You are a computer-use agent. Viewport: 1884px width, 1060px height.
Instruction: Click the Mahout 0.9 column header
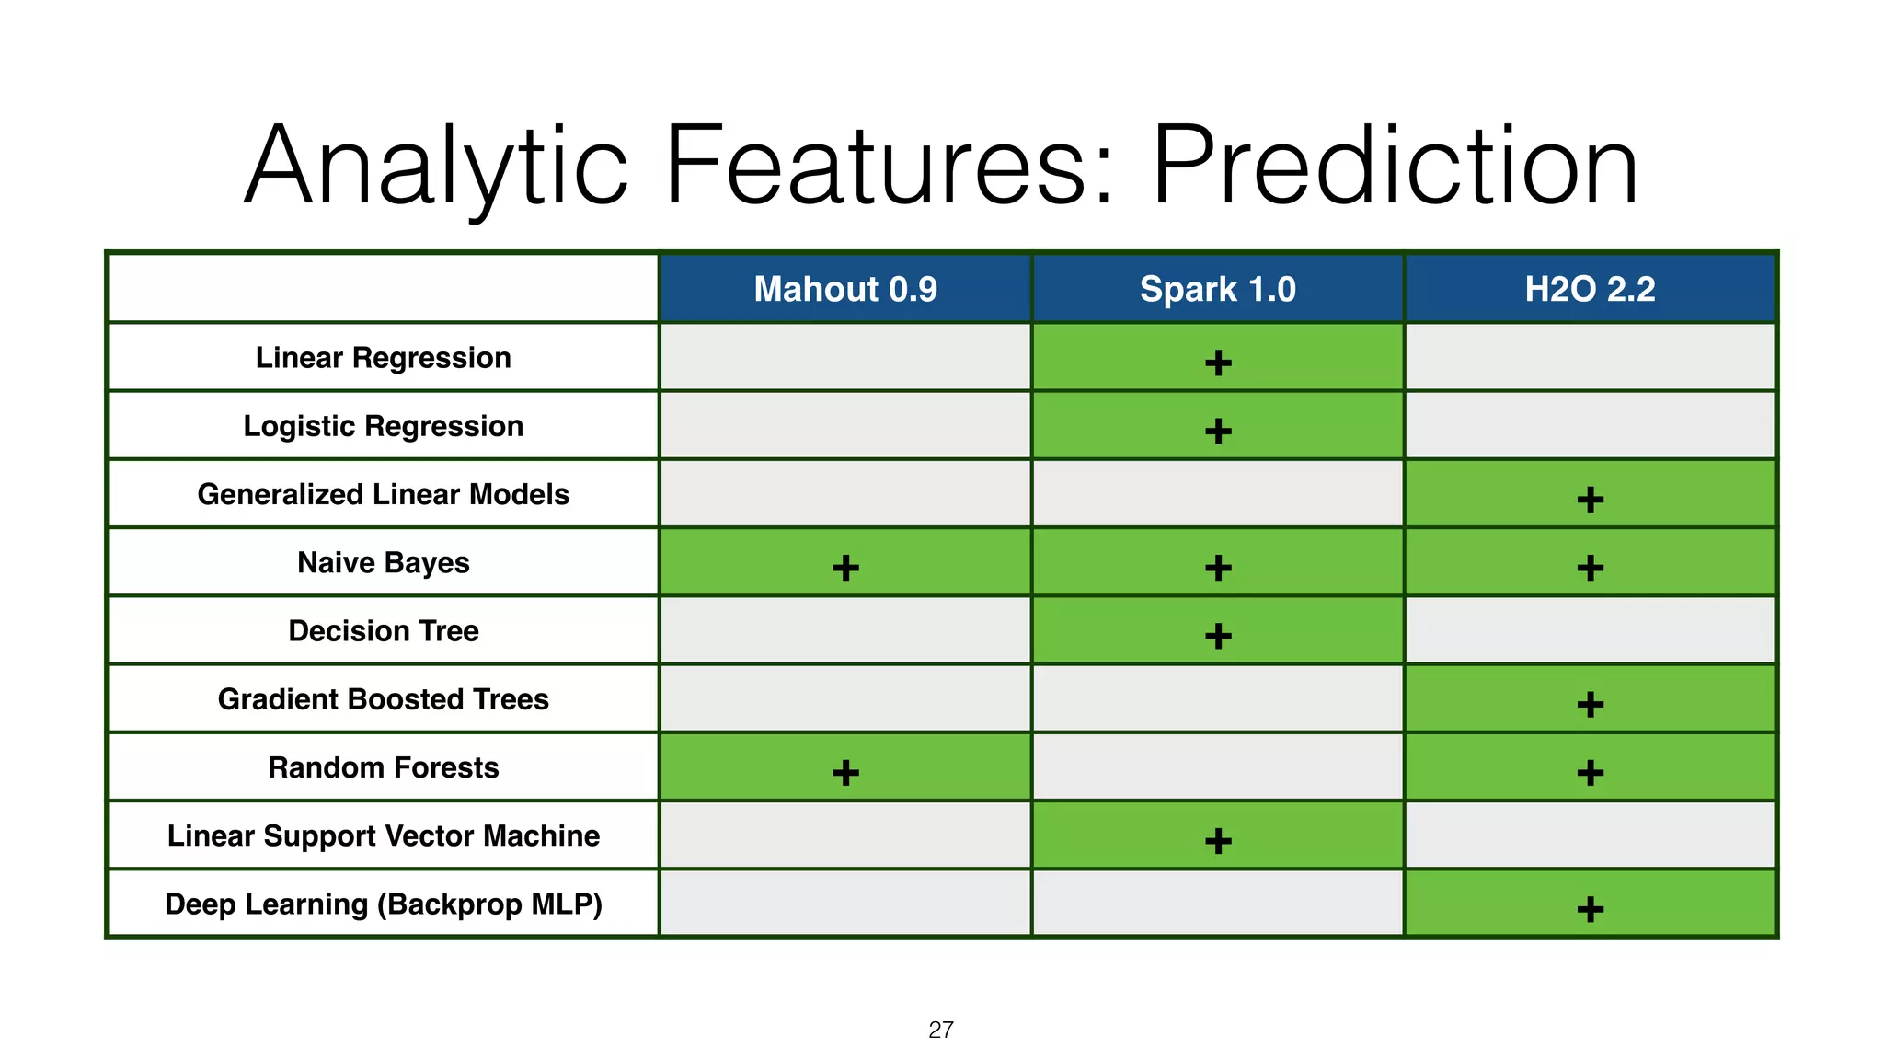(845, 290)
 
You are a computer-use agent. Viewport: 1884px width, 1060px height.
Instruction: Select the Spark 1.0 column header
(1217, 290)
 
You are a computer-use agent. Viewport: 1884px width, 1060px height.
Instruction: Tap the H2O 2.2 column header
(1590, 290)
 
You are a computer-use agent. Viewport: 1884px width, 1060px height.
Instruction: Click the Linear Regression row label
(383, 358)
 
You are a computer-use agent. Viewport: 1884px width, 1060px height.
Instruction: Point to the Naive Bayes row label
(383, 562)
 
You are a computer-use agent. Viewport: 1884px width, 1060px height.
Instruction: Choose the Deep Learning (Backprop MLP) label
(383, 904)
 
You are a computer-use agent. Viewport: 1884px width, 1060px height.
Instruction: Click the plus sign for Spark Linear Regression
(1218, 363)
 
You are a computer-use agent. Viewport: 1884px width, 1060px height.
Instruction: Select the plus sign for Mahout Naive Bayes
(845, 568)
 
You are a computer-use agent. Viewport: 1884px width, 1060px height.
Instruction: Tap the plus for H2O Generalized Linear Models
(1590, 500)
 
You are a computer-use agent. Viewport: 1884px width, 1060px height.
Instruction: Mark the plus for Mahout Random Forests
(845, 773)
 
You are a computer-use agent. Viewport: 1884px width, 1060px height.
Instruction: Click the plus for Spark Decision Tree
(1218, 636)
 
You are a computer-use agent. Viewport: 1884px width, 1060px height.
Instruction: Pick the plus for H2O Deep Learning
(1590, 910)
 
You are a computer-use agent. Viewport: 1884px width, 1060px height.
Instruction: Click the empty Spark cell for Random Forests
(1217, 767)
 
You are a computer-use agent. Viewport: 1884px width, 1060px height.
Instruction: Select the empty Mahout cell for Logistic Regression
(845, 426)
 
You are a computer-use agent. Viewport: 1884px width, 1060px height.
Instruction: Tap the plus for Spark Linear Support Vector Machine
(1218, 841)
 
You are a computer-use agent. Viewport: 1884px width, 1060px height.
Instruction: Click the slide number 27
(940, 1031)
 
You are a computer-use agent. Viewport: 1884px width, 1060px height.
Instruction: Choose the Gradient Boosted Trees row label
(383, 699)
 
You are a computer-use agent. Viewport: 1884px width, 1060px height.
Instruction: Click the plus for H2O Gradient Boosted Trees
(1590, 705)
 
